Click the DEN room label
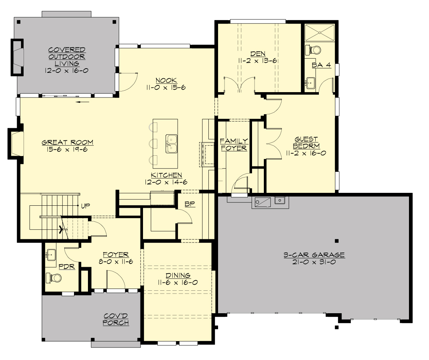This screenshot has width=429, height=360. click(258, 54)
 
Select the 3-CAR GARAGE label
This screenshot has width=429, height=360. click(314, 255)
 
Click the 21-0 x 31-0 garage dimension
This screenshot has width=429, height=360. click(314, 261)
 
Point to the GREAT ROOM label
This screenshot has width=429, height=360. click(68, 142)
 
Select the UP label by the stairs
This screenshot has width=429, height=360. click(85, 206)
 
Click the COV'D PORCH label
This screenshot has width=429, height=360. click(116, 319)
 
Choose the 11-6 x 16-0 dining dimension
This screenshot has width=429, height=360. click(178, 282)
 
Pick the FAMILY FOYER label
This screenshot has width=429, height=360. click(234, 144)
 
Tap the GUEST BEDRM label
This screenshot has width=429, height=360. click(307, 142)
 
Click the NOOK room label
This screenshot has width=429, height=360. click(166, 80)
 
